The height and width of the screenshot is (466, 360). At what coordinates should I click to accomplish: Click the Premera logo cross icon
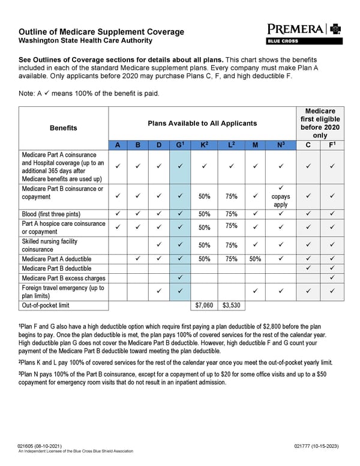(x=334, y=29)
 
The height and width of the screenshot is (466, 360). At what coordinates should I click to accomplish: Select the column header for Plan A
(x=118, y=145)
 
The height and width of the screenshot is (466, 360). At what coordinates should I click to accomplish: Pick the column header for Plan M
(x=255, y=145)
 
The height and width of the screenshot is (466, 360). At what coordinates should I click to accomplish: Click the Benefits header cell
(x=64, y=128)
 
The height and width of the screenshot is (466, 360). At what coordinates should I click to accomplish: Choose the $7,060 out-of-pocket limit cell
(x=205, y=305)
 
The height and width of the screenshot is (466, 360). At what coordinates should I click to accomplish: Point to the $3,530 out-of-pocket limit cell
(x=231, y=305)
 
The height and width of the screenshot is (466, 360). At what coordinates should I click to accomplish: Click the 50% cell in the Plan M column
(x=255, y=258)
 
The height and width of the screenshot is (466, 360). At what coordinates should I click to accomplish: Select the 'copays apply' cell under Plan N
(x=280, y=196)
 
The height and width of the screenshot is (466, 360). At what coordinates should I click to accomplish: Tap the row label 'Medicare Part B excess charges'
(x=64, y=278)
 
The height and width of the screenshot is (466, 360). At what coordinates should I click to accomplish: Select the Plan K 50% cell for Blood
(x=205, y=214)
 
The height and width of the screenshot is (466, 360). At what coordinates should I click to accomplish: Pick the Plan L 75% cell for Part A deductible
(x=231, y=258)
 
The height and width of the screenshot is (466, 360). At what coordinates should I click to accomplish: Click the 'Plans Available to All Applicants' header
(x=202, y=123)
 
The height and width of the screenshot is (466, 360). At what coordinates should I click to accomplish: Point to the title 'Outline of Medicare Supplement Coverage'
(x=101, y=32)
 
